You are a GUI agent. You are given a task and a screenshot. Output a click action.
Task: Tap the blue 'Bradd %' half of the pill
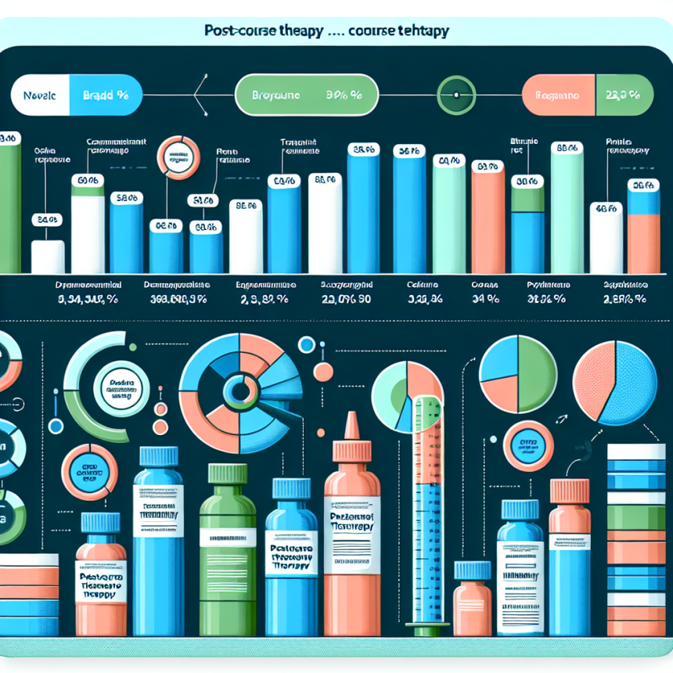104,97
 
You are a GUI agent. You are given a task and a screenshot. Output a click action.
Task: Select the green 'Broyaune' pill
306,96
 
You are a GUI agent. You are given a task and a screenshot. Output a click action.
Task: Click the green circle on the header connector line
453,96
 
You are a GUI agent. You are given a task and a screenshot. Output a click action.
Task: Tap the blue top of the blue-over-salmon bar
643,202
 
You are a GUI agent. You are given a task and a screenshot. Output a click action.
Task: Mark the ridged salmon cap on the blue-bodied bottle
570,491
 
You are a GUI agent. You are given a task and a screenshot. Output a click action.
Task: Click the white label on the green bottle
227,538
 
